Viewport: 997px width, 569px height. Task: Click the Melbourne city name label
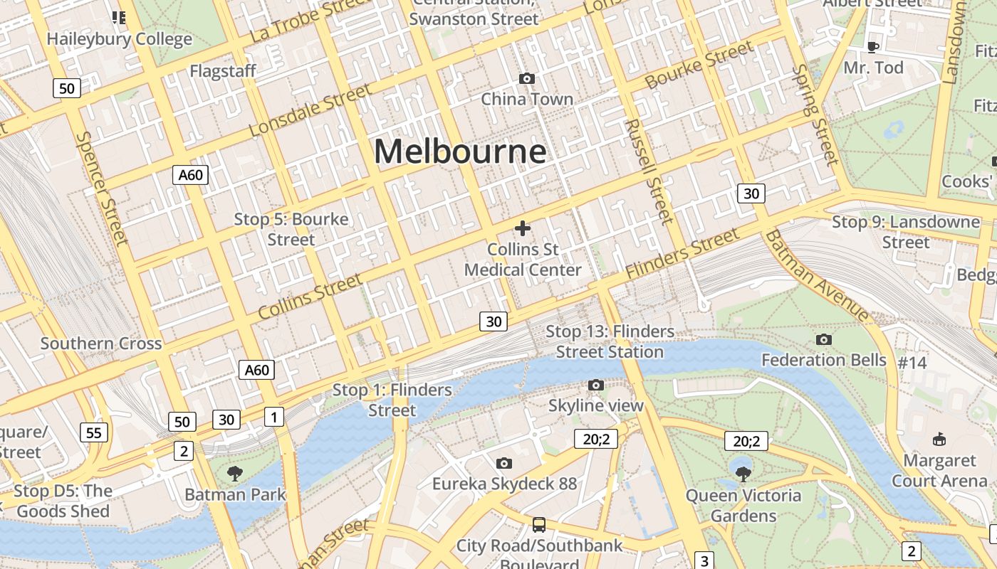pos(460,151)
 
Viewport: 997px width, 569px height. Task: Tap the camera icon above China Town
pos(527,78)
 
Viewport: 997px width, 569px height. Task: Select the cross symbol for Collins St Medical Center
pos(523,228)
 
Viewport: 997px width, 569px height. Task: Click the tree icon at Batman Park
pos(234,473)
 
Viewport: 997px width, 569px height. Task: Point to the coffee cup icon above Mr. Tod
pos(873,47)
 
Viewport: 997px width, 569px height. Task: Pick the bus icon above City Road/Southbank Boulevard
pos(539,525)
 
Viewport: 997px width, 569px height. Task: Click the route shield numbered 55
pos(93,432)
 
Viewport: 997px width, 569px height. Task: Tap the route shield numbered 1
pos(273,417)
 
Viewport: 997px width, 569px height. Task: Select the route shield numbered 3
pos(704,560)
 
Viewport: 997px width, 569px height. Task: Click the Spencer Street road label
pos(103,188)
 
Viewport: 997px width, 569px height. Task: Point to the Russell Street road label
pos(648,171)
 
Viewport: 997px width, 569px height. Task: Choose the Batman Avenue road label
pos(817,275)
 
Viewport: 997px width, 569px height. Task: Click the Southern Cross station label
pos(101,344)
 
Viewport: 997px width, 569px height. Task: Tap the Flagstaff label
pos(223,71)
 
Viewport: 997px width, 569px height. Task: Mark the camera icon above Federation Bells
pos(824,339)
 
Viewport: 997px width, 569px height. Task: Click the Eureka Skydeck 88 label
pos(504,484)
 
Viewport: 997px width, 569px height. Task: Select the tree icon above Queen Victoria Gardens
pos(743,472)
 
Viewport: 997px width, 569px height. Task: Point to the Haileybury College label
pos(120,38)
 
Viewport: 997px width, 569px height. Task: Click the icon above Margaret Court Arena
pos(939,439)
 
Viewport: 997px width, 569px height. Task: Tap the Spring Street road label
pos(816,114)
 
